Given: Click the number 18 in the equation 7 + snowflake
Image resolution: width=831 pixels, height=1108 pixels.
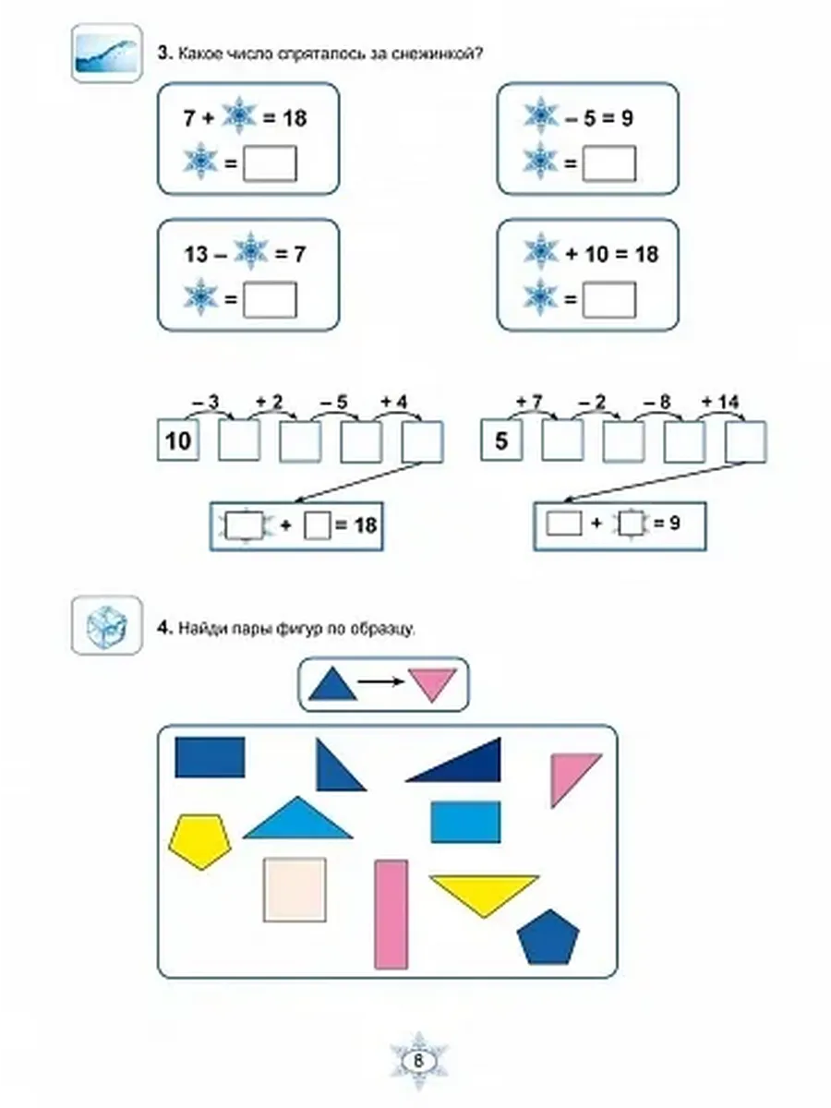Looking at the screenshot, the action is pos(295,118).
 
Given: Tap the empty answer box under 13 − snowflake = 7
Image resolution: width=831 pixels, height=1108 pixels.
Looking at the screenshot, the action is pos(270,300).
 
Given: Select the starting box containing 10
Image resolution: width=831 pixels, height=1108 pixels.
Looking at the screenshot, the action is pos(178,440).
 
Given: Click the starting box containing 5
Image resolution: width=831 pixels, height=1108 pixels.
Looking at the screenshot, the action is pos(501,440).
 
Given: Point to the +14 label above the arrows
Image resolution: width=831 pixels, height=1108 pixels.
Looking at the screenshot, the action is pos(720,402).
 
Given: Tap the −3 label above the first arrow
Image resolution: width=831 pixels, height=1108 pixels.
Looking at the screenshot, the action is pos(206,403).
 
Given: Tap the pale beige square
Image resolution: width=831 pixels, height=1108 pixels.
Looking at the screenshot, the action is pos(295,889).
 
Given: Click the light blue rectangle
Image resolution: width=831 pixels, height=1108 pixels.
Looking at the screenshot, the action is pos(465,821).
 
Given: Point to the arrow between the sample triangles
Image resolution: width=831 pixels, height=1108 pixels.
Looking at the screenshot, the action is pos(381,681).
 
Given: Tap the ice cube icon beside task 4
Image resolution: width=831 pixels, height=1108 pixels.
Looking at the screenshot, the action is pos(107,625).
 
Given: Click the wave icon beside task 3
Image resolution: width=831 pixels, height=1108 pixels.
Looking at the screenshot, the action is pos(107,53).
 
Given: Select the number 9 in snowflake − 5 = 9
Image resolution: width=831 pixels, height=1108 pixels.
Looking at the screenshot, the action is pos(626,118).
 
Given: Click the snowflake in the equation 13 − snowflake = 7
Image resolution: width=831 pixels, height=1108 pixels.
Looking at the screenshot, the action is pos(251,251).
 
